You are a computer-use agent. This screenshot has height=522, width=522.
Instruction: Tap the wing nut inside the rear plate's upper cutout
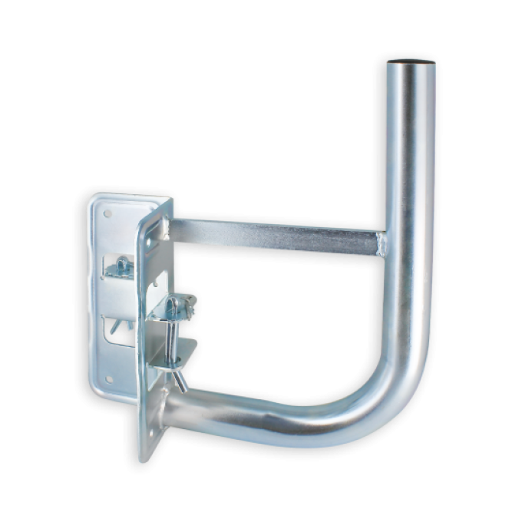[x=121, y=267]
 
